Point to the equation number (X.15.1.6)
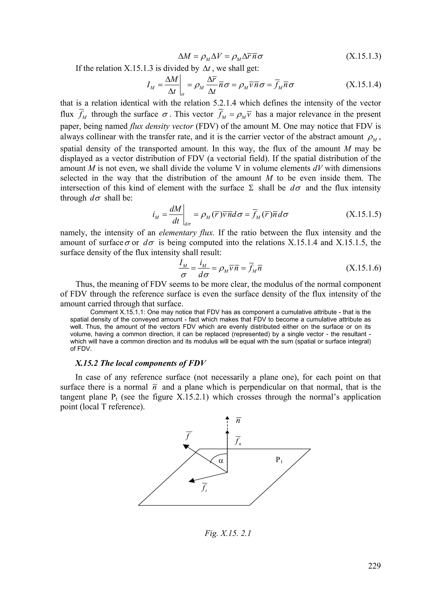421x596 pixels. (x=363, y=268)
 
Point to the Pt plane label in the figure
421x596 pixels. (x=279, y=460)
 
